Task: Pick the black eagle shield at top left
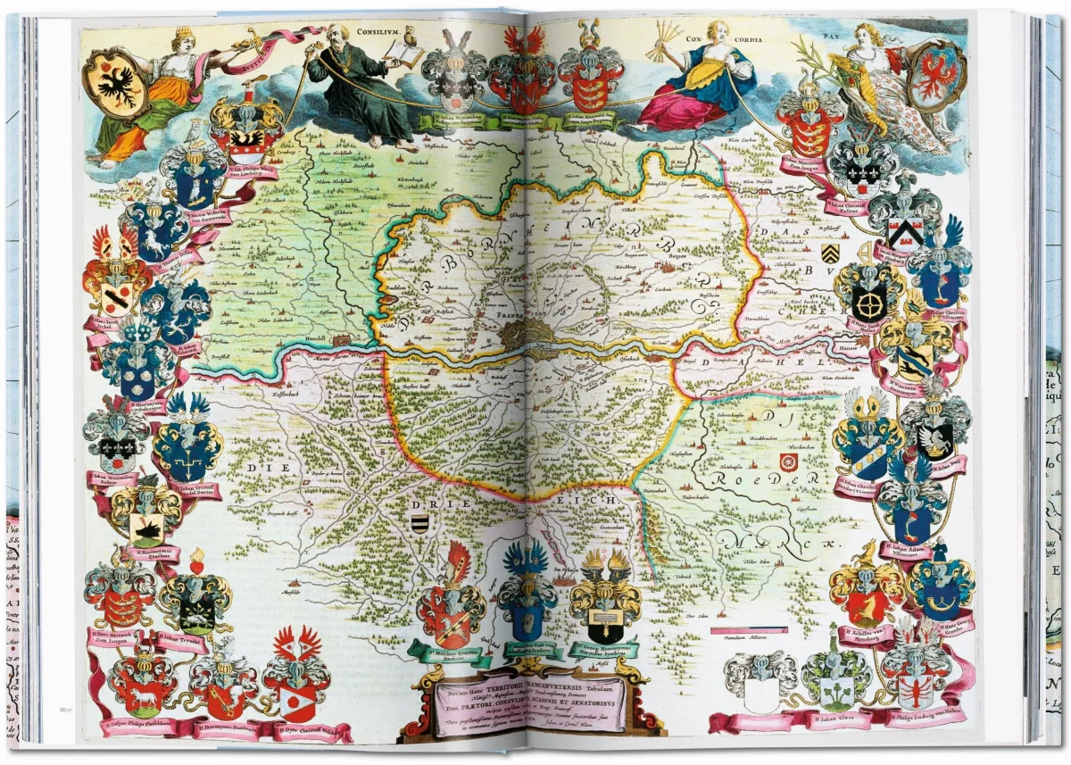(x=115, y=83)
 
